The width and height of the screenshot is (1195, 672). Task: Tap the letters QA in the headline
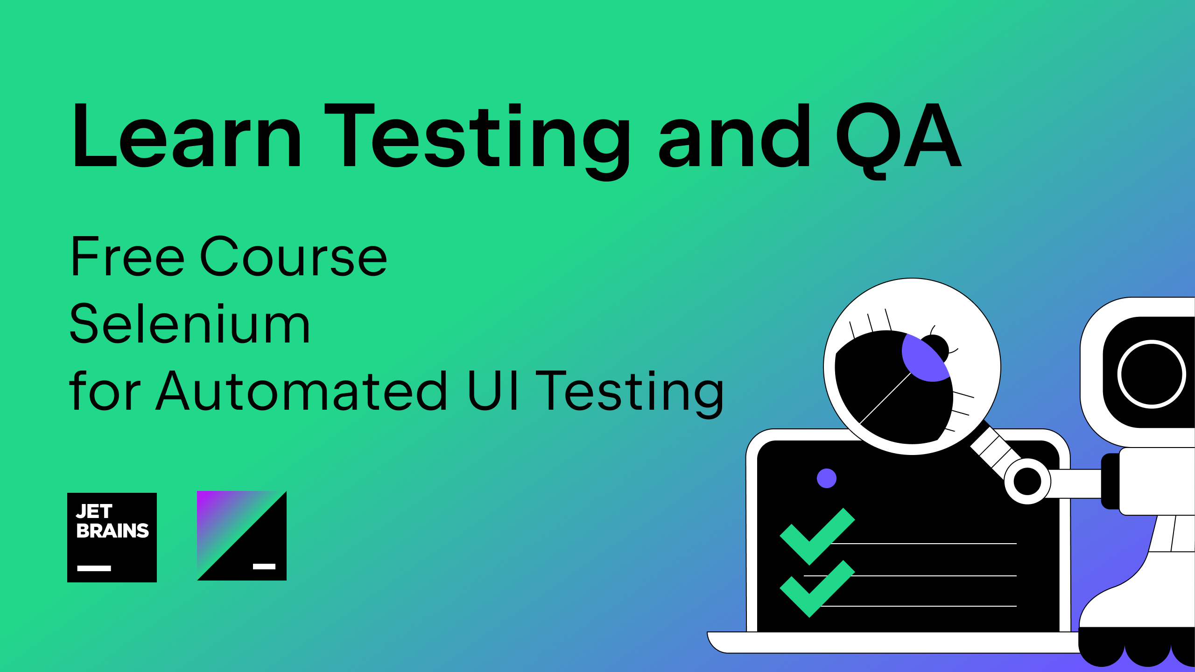point(899,140)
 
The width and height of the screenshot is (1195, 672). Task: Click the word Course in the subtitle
point(294,256)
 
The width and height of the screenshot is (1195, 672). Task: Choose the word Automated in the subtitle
point(302,391)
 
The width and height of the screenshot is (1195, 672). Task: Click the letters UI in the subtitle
point(493,391)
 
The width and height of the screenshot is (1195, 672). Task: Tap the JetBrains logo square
point(112,538)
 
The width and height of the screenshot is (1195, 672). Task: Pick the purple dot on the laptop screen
point(827,478)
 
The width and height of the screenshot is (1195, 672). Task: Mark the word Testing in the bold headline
point(477,140)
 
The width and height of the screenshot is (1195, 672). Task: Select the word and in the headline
point(735,135)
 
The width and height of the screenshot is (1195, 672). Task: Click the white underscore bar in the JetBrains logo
point(94,568)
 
